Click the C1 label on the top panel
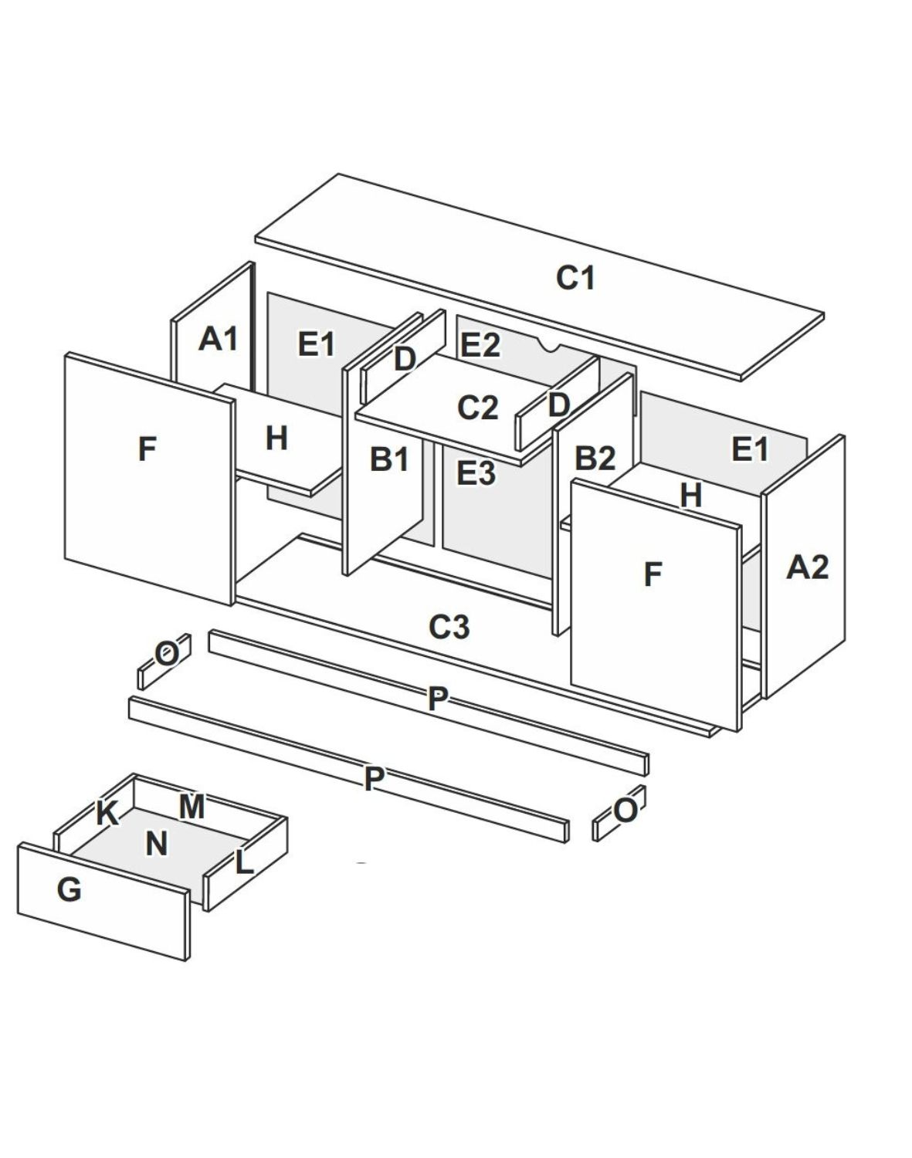click(575, 278)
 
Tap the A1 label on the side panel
click(219, 338)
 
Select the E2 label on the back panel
click(480, 345)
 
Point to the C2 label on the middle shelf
click(478, 408)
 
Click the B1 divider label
click(389, 459)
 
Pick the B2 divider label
click(595, 459)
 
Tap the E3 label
click(476, 472)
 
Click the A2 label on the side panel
click(807, 567)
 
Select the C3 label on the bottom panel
click(449, 627)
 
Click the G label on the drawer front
click(69, 890)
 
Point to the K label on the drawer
click(107, 814)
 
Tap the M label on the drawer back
click(192, 807)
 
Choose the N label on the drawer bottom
click(157, 844)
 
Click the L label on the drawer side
click(244, 862)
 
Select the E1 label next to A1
click(317, 344)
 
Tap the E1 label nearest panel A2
click(750, 449)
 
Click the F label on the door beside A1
click(147, 449)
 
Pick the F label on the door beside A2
click(653, 574)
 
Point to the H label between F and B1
click(276, 438)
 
